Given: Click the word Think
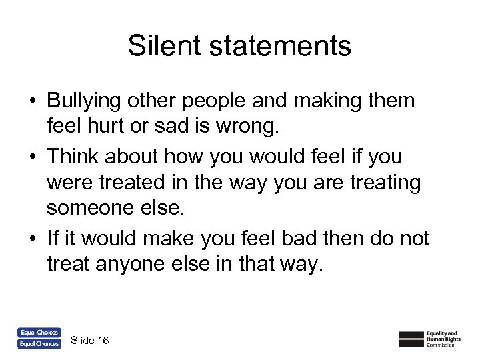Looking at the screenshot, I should [72, 157].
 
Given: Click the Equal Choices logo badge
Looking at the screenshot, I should [38, 332].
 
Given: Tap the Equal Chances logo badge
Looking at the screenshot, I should [38, 343].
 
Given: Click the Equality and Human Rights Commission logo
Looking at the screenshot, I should [429, 338].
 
